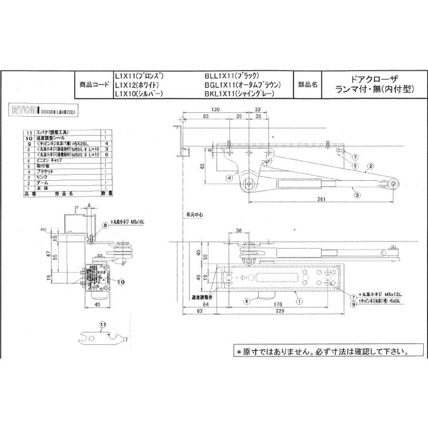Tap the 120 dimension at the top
click(x=215, y=110)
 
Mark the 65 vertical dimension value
click(x=202, y=166)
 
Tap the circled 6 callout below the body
click(x=247, y=301)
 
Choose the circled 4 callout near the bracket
click(x=229, y=178)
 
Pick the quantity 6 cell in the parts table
click(x=107, y=155)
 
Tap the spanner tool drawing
click(x=102, y=339)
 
